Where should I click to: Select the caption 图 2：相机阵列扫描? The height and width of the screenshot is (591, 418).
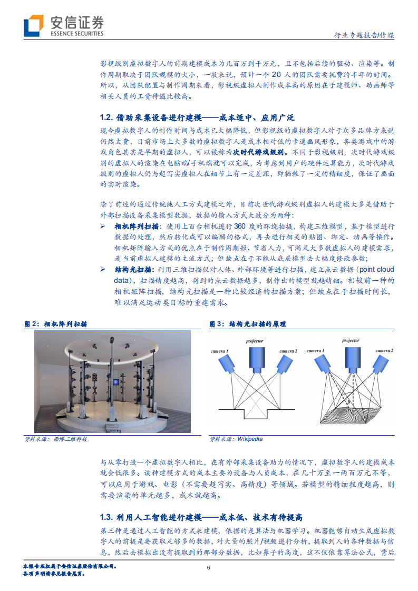56,324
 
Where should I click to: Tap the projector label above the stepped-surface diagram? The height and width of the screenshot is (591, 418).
255,341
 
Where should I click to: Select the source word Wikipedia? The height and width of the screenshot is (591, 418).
250,439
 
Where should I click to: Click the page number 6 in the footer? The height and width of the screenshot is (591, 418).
209,567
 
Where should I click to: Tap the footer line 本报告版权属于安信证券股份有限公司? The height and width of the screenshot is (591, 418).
70,566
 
